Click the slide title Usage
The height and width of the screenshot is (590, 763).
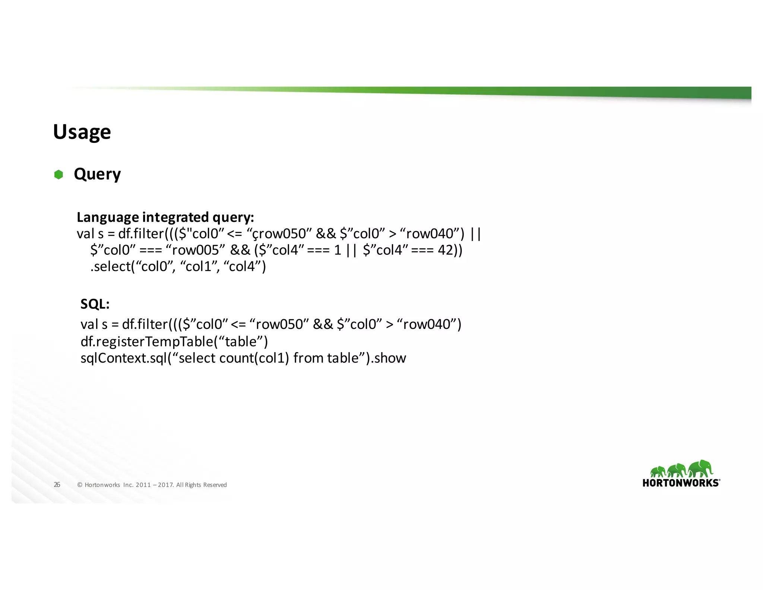[x=82, y=132]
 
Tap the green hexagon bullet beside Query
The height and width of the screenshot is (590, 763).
[x=58, y=175]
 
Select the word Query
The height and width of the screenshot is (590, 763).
[x=97, y=174]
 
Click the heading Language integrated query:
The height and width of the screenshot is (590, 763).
[x=165, y=217]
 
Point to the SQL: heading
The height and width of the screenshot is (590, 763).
[x=95, y=304]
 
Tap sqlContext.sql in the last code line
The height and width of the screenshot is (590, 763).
[x=123, y=358]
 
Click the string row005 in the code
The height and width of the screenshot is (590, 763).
[x=195, y=250]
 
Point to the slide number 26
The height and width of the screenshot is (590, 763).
[x=57, y=485]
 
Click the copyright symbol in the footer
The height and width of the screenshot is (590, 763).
[x=80, y=485]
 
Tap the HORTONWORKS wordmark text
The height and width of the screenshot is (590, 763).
[x=681, y=483]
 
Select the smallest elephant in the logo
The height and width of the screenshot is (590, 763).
[x=658, y=472]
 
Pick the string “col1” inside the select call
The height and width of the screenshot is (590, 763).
[x=199, y=266]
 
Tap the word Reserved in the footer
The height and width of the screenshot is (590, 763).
[x=215, y=485]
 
